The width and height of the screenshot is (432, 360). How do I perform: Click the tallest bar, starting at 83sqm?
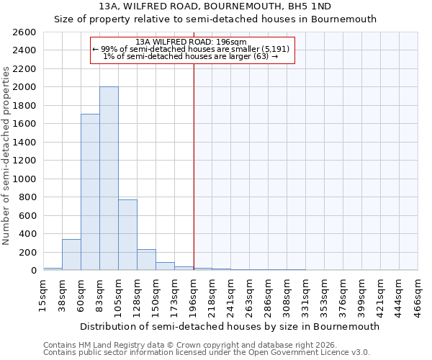(109, 179)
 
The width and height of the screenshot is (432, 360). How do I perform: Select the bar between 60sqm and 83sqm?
(90, 192)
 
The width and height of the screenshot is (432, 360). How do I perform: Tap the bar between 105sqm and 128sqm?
(127, 235)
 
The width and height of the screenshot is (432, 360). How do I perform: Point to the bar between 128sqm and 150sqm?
(146, 260)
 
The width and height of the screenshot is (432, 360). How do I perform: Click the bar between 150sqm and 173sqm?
(165, 266)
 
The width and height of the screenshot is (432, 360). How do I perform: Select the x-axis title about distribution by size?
(230, 326)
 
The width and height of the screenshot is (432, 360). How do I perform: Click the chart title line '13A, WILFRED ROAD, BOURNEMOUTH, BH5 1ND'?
(215, 6)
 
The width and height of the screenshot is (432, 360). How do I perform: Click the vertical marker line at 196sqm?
(194, 180)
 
